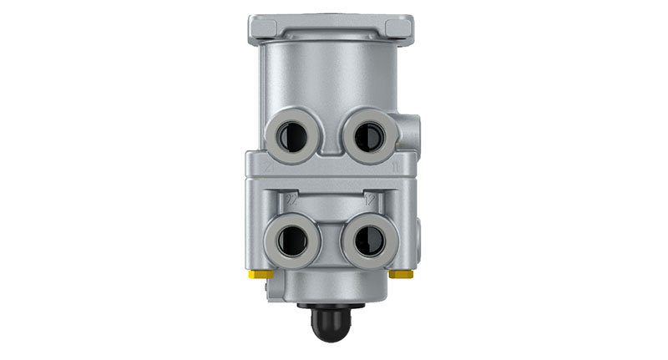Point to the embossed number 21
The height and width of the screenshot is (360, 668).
tap(266, 166)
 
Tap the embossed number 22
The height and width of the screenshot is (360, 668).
tap(291, 200)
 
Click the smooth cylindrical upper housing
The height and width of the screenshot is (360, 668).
tap(334, 75)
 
